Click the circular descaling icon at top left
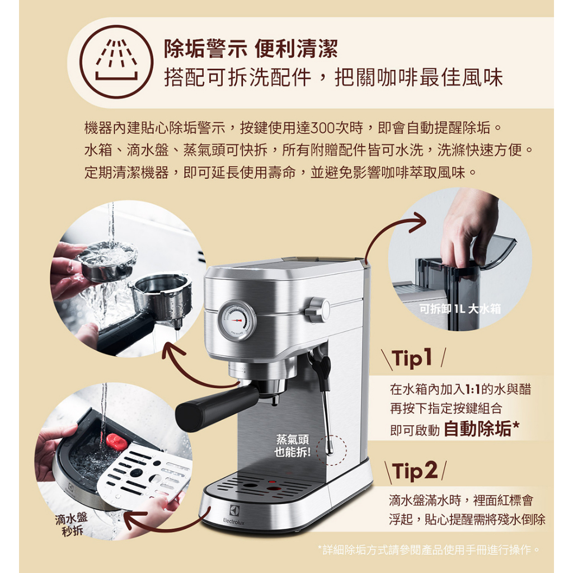tap(116, 62)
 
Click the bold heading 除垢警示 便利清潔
tap(251, 49)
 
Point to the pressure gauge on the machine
tap(237, 320)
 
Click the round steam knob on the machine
tap(318, 310)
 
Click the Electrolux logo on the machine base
tap(234, 515)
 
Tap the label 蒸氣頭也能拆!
tap(292, 445)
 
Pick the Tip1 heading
tap(412, 358)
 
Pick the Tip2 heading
tap(415, 471)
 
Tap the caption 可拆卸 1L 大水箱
tap(460, 309)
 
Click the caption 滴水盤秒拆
tap(72, 524)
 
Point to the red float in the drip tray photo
tap(116, 441)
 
